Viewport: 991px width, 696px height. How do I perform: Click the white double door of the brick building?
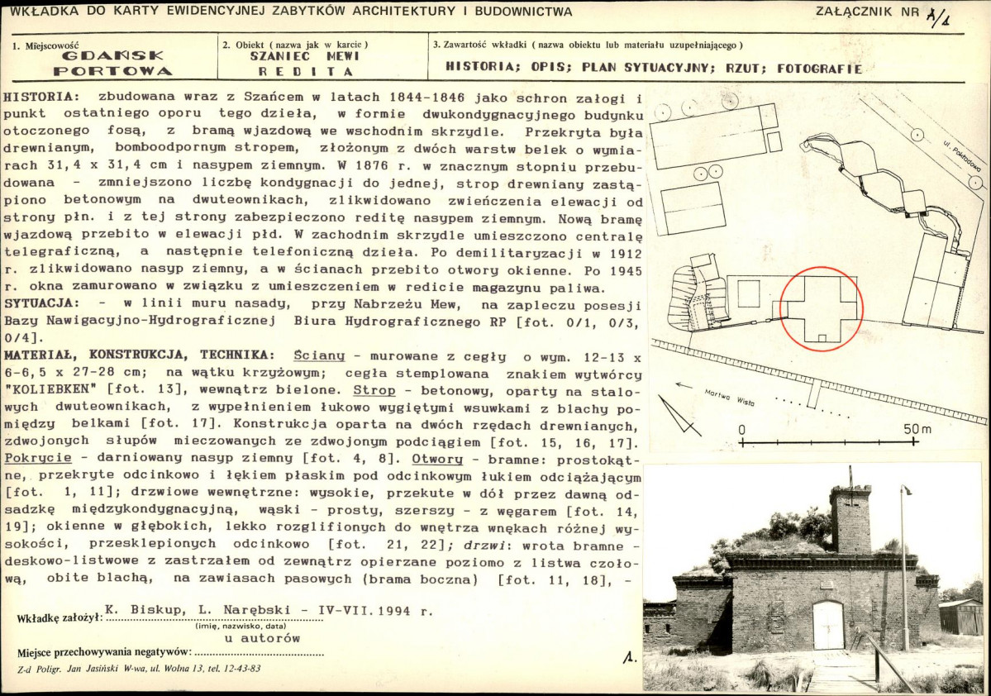(x=828, y=625)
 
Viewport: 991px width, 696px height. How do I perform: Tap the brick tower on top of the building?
(x=850, y=519)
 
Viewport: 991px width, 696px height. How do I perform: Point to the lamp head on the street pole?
(x=907, y=489)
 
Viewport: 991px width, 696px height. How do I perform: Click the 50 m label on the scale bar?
(x=915, y=429)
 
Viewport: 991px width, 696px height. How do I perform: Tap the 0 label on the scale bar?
(x=741, y=429)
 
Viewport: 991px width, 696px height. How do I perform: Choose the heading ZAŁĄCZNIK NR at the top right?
(x=866, y=12)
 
